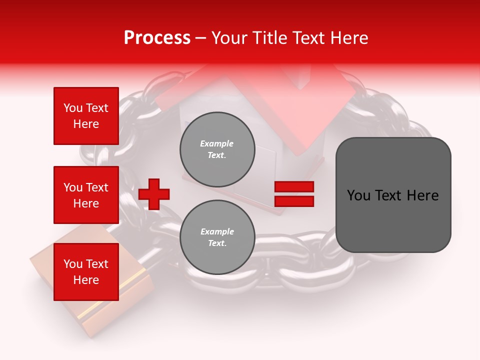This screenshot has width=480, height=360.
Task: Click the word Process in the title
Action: (157, 38)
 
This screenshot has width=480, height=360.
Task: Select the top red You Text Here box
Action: (86, 116)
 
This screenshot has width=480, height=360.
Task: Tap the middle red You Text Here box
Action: (86, 195)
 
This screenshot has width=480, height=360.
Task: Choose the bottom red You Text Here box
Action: (86, 272)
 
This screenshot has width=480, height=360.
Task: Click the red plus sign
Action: (154, 193)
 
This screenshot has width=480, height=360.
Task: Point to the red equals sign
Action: (294, 194)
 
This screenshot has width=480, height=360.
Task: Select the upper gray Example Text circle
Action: (217, 149)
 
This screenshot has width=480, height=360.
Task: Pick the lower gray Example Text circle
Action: (217, 237)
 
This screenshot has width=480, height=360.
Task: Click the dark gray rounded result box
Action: (393, 195)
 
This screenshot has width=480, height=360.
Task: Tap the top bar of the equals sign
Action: (294, 187)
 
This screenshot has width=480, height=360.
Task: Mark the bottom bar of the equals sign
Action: (294, 201)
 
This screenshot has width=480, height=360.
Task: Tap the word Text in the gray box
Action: (388, 195)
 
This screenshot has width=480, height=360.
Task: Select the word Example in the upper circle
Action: (217, 143)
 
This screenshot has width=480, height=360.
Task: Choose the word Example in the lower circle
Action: (217, 231)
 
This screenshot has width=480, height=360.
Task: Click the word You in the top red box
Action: (73, 108)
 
